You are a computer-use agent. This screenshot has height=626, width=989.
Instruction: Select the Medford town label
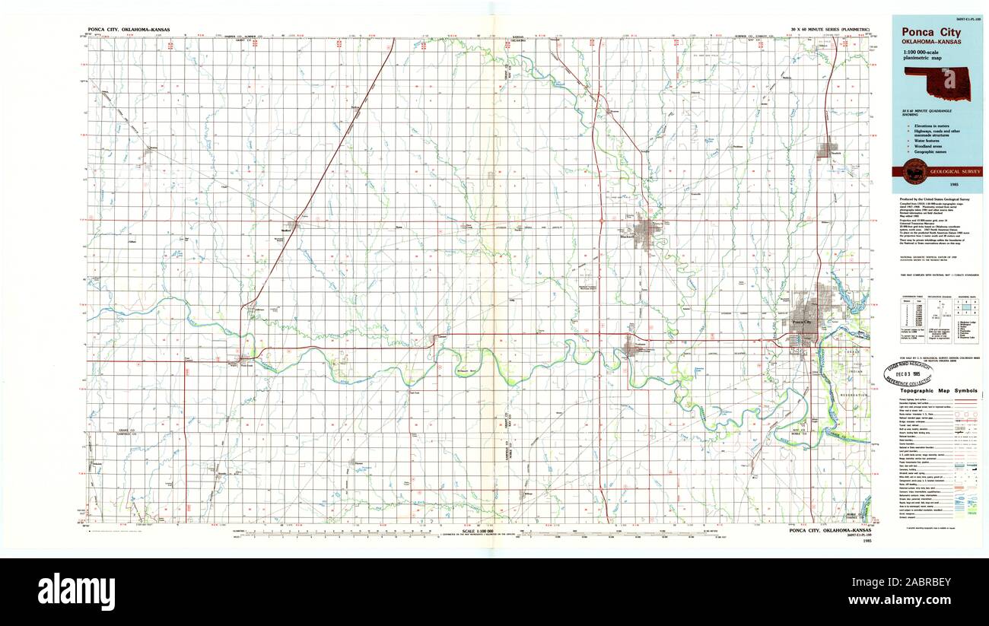(x=287, y=230)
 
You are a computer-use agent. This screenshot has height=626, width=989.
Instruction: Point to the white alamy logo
(x=76, y=591)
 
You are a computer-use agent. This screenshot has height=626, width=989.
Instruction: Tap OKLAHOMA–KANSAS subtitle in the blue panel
(x=930, y=42)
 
